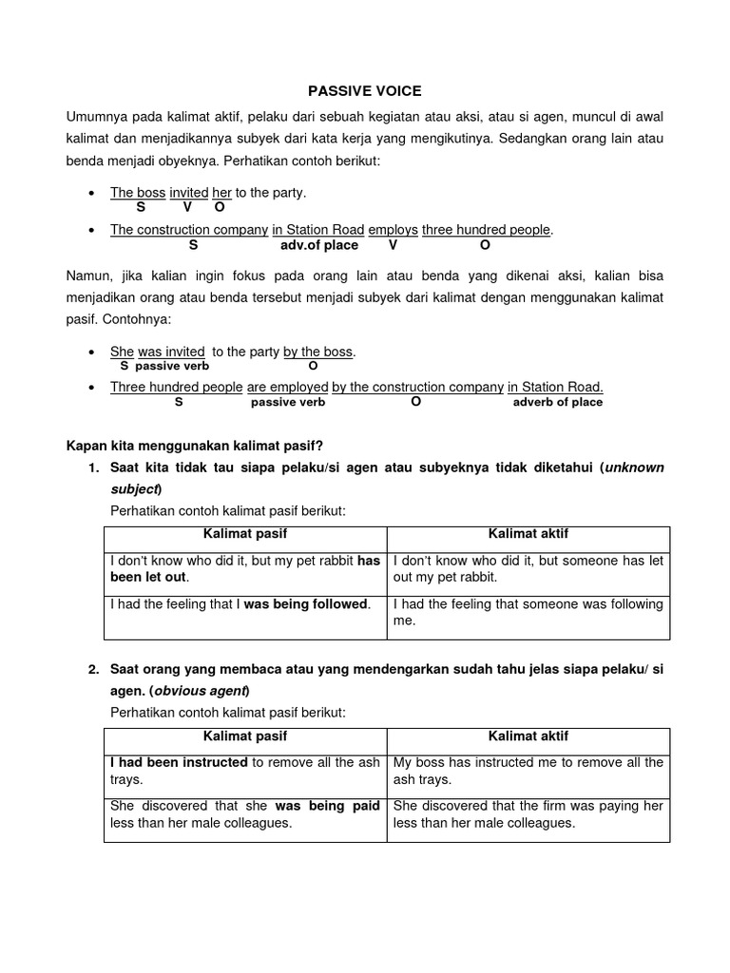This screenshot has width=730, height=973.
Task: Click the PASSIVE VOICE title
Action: [x=364, y=91]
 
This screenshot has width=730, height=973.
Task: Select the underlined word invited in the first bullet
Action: [x=188, y=193]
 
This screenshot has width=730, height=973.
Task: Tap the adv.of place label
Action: [x=319, y=245]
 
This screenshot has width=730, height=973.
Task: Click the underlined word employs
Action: [x=393, y=230]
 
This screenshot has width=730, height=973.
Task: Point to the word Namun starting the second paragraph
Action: [x=88, y=276]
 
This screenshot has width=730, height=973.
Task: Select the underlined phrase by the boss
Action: [x=318, y=352]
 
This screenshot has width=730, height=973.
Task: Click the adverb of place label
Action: [x=557, y=402]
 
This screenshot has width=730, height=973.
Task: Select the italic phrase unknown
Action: [x=634, y=467]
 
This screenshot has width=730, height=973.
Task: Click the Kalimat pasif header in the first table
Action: [x=245, y=534]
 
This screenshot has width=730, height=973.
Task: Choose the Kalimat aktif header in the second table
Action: [x=528, y=735]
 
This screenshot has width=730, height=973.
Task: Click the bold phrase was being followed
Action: [x=305, y=603]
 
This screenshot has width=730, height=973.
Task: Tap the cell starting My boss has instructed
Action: [x=528, y=771]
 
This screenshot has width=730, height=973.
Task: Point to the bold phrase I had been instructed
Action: [x=180, y=762]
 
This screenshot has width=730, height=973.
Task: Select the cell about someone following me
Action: [x=528, y=612]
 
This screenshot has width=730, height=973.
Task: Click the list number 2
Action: [x=93, y=669]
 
